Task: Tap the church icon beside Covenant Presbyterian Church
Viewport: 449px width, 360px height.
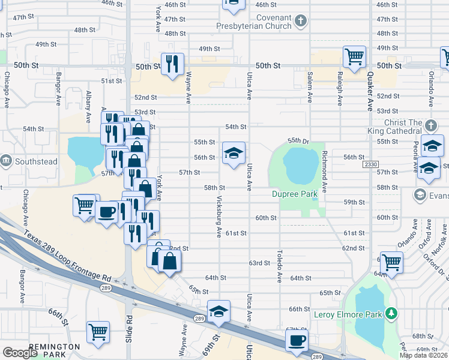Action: tap(301, 22)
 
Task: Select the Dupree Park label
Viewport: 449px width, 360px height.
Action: tap(294, 194)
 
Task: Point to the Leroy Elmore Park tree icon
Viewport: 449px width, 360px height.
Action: tap(391, 313)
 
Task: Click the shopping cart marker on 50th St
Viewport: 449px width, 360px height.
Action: tap(354, 57)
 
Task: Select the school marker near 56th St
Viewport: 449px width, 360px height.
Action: tap(234, 152)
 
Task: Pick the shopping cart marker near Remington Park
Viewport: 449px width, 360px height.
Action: tap(98, 331)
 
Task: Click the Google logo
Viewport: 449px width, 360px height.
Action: tap(20, 353)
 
